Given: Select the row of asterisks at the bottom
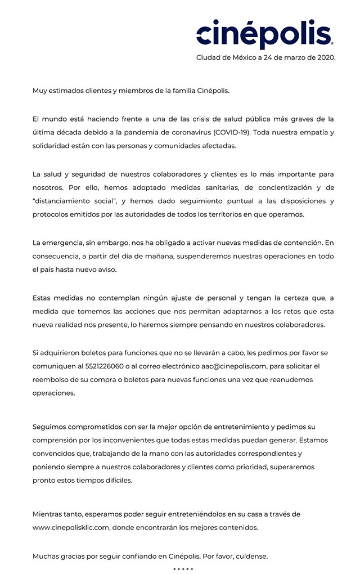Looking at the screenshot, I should coord(183,569).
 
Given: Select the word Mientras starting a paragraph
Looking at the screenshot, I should coord(49,514).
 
